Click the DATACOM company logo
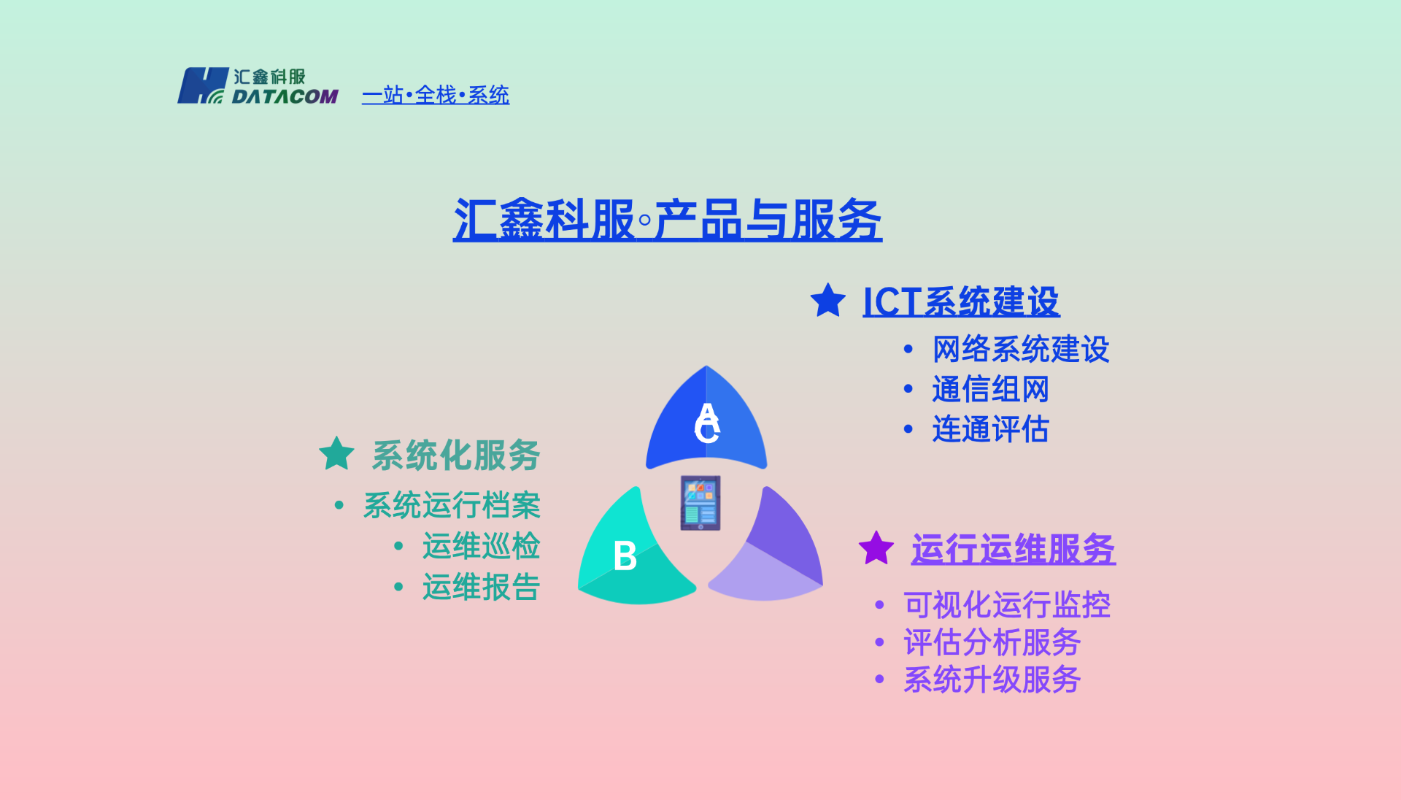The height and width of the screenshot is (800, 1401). coord(258,86)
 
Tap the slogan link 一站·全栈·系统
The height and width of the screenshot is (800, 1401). coord(436,95)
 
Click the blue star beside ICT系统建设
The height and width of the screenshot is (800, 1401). coord(828,301)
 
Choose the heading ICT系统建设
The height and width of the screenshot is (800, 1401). coord(961,301)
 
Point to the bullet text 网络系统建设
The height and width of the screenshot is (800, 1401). coord(1020,349)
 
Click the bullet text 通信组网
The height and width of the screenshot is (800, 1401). coord(990,389)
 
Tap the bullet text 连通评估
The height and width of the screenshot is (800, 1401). coord(990,429)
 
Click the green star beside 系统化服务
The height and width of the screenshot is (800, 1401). coord(337,454)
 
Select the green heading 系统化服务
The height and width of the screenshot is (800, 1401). coord(456,455)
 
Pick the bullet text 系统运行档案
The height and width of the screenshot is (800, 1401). coord(452,505)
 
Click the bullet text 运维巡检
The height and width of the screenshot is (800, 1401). coord(481,546)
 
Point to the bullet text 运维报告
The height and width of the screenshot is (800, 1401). coord(481,587)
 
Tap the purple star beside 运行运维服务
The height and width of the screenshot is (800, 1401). coord(876,548)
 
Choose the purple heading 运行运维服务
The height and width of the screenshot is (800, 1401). coord(1013,549)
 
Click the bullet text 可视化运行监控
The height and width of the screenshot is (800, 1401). coord(1006,604)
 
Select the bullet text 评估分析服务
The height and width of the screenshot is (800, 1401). coord(992,642)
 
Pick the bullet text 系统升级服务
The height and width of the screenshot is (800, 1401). coord(992,680)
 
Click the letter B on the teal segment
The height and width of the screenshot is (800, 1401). coord(625,556)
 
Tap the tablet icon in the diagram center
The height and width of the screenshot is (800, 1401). coord(700,503)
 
